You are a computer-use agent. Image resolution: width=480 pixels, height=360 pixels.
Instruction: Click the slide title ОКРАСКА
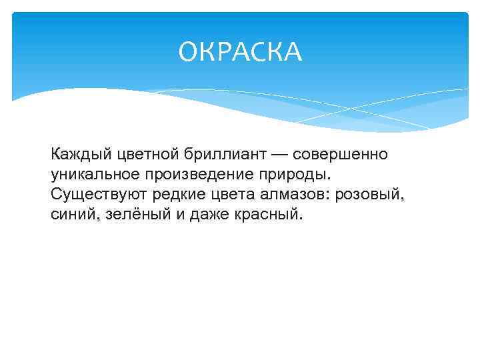tap(240, 53)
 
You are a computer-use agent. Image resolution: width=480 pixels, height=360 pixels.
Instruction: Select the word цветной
tap(145, 155)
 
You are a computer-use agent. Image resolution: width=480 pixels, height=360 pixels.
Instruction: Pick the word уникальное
tap(91, 175)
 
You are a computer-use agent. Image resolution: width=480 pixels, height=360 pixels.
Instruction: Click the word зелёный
tap(133, 215)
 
